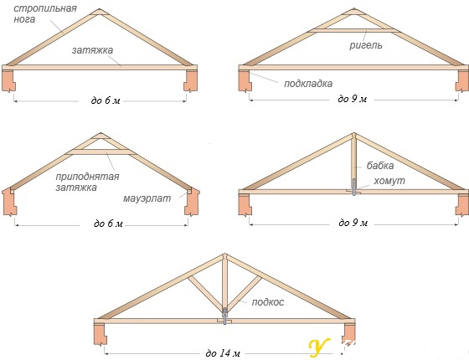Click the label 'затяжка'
92,50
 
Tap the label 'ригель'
366,45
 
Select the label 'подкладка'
308,84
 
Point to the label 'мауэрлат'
147,198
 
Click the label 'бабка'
380,166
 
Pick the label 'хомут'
389,181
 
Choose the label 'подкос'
268,302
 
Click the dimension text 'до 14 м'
223,353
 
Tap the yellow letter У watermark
319,348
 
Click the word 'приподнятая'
87,177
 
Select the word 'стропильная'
45,8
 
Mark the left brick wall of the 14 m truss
100,334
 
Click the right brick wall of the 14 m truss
348,334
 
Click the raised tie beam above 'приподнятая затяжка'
100,152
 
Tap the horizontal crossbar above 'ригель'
354,30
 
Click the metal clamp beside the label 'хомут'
354,188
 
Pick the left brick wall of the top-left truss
8,80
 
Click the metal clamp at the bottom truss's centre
225,316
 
